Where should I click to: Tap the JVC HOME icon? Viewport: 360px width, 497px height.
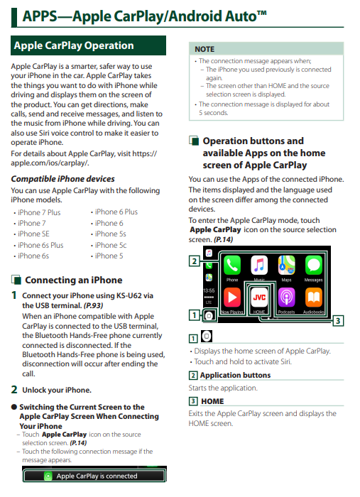coord(259,297)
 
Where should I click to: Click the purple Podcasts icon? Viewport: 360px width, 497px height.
coord(286,297)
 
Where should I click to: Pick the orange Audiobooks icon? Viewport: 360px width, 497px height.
coord(313,297)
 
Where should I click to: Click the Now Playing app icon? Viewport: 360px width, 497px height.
coord(232,297)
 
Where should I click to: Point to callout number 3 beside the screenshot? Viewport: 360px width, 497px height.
coord(338,320)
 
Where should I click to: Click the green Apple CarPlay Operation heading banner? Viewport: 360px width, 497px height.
coord(89,46)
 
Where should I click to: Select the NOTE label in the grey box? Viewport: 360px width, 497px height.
coord(204,49)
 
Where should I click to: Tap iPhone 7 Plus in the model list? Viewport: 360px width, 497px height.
coord(39,212)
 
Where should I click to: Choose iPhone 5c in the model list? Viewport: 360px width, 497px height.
coord(111,245)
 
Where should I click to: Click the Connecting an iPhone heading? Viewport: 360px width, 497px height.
coord(73,280)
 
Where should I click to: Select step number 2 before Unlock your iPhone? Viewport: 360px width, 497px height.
coord(14,389)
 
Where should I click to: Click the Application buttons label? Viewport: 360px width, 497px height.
coord(235,376)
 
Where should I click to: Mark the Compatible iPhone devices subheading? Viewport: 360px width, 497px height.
coord(62,179)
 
